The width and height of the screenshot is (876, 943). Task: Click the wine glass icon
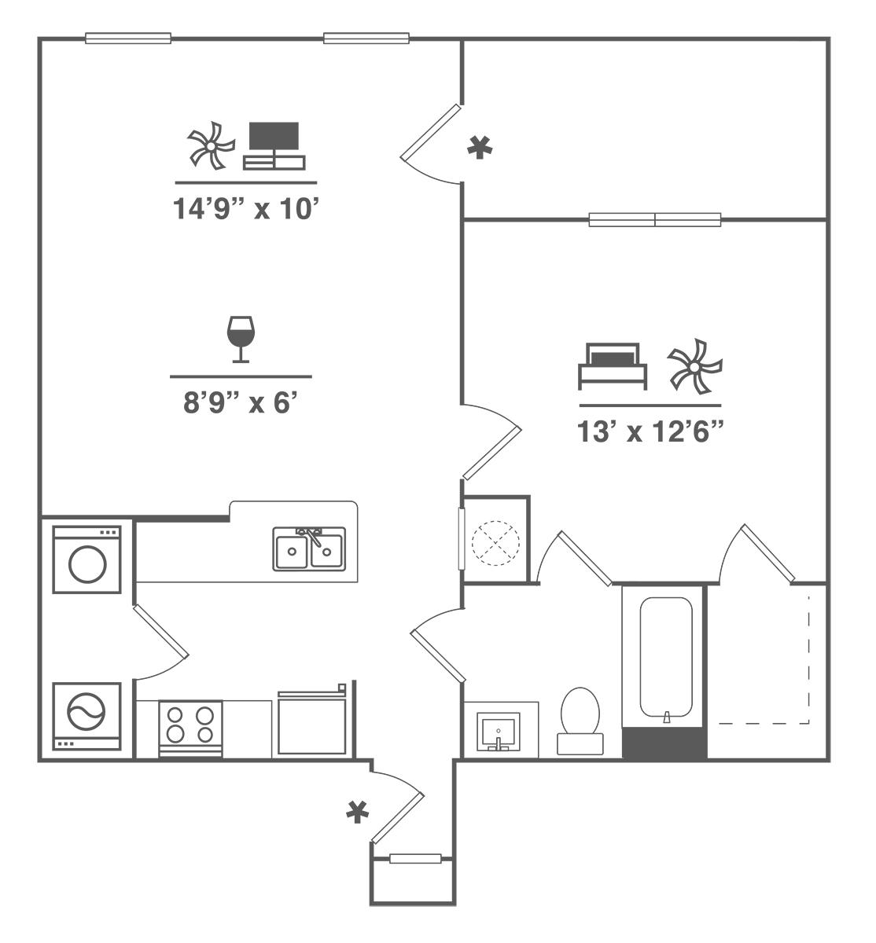tap(240, 339)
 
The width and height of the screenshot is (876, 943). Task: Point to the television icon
tap(274, 145)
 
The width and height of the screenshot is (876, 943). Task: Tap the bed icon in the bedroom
tap(613, 365)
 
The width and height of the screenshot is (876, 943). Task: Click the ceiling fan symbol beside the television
tap(211, 146)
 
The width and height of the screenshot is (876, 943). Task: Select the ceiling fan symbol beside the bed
tap(694, 365)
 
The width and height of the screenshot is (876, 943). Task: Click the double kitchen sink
tap(309, 549)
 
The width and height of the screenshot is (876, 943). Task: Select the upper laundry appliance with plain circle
tap(86, 560)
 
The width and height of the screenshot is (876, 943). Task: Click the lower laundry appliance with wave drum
tap(86, 715)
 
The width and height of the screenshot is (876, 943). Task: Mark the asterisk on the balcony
tap(477, 147)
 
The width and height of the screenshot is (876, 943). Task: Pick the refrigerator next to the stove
tap(312, 725)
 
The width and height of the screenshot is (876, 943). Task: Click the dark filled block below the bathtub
tap(664, 743)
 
